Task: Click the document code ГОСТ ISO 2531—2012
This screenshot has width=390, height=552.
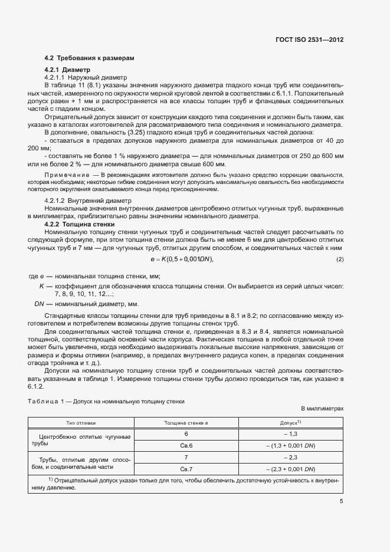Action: click(x=309, y=40)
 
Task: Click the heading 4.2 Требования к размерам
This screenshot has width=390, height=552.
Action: click(x=90, y=58)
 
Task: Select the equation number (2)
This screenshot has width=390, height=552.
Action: click(x=339, y=260)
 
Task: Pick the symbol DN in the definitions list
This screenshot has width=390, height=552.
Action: click(x=40, y=304)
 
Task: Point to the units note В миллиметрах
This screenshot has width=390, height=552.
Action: click(x=322, y=409)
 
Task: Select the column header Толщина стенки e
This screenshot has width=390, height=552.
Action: click(x=186, y=423)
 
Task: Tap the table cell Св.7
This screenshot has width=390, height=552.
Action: click(x=186, y=469)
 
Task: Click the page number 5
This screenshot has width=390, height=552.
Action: click(x=341, y=502)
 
